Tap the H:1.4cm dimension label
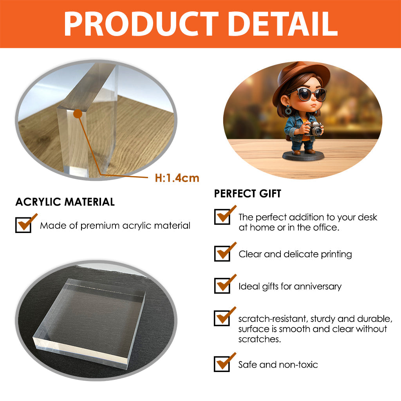tap(177, 178)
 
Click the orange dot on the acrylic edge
tap(78, 114)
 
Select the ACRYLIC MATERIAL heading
tap(65, 202)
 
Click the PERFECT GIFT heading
tap(247, 193)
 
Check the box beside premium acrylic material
tap(23, 225)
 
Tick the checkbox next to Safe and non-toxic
tap(222, 364)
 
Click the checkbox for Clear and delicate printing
tap(222, 253)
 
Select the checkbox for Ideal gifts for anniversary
tap(222, 285)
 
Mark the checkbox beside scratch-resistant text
tap(222, 318)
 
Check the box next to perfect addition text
tap(222, 217)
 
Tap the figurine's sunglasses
tap(310, 94)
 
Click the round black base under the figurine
tap(303, 155)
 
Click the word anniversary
tap(318, 286)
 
